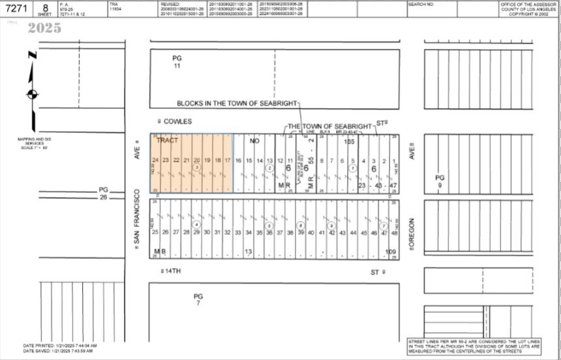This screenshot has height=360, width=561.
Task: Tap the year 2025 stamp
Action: (x=44, y=28)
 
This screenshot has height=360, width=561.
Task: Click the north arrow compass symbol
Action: (x=31, y=94)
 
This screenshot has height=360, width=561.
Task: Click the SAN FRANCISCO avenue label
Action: (x=137, y=218)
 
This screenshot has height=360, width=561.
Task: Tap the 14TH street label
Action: (x=171, y=271)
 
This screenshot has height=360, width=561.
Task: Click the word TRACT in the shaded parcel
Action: (x=168, y=141)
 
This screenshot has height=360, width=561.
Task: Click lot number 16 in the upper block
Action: (x=239, y=160)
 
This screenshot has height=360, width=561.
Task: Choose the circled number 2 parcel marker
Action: (x=269, y=168)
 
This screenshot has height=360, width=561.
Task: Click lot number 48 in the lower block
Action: (x=394, y=232)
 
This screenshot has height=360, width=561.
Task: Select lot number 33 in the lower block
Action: (x=238, y=232)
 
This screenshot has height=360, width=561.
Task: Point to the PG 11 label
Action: (x=177, y=62)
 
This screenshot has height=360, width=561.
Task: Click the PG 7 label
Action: (x=198, y=299)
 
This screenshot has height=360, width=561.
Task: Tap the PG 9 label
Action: (x=440, y=181)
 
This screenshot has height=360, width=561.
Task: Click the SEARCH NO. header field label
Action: (x=421, y=4)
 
